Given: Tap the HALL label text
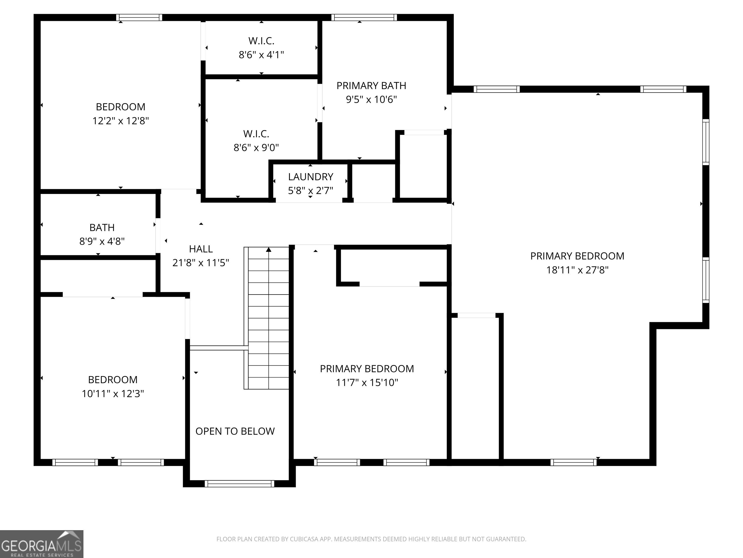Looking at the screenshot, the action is click(x=201, y=249).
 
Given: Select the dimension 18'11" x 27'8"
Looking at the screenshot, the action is click(x=577, y=270).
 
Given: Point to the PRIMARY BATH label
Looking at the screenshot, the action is click(x=371, y=86).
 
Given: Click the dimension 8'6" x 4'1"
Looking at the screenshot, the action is click(x=261, y=54).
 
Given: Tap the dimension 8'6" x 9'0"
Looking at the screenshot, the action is click(x=256, y=147).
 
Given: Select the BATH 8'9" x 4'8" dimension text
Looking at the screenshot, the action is click(x=102, y=241).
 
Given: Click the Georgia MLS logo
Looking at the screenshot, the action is click(x=42, y=544).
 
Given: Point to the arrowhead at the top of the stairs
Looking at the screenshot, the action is click(x=269, y=249).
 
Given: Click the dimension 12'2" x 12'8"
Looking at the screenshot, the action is click(x=121, y=121).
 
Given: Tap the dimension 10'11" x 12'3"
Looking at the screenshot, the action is click(x=113, y=394).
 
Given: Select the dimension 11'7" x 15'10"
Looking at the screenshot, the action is click(x=367, y=382).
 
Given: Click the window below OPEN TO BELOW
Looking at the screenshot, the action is click(x=239, y=484).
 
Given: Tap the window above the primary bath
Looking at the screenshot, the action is click(x=364, y=17).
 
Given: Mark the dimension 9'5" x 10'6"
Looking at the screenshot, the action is click(x=371, y=100).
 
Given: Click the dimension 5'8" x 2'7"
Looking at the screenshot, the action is click(x=310, y=191).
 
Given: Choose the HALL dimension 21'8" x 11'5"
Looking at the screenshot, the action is click(x=201, y=263).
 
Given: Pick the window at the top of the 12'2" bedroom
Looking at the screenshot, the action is click(x=139, y=17).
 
